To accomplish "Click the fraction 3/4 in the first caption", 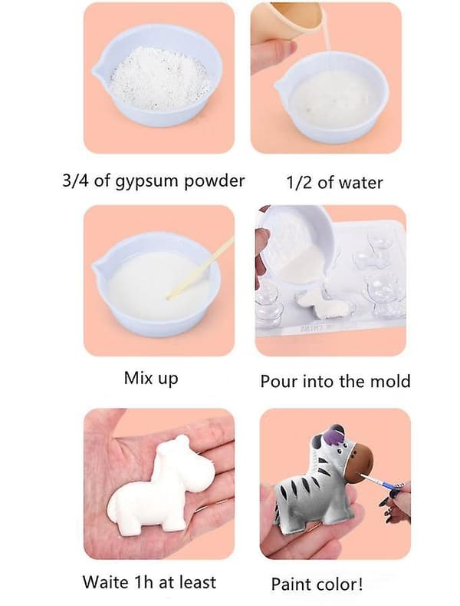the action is [76, 180].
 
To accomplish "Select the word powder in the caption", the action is [214, 180].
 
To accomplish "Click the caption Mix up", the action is [151, 378].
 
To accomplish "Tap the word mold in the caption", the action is [390, 381].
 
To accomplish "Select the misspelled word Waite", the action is [105, 582].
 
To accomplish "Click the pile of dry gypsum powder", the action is [158, 78].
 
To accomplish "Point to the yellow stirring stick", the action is [200, 268].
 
